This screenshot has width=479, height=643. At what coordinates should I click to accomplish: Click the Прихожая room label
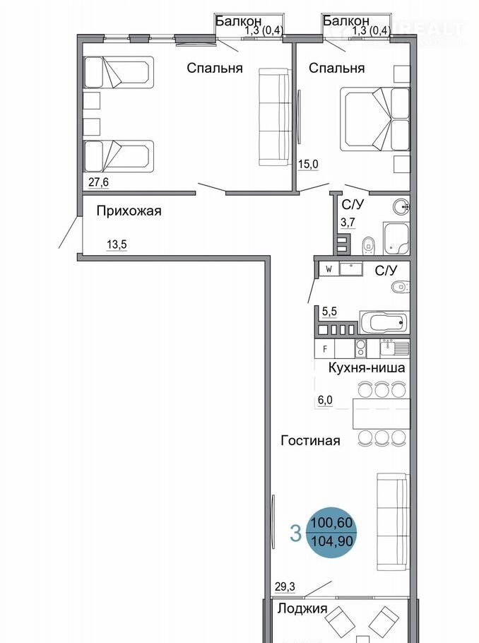[129, 211]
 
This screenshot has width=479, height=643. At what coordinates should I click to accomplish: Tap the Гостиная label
[310, 441]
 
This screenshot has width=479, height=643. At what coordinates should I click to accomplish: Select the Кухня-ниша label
[367, 368]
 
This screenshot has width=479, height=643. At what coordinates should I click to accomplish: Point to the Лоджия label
[302, 608]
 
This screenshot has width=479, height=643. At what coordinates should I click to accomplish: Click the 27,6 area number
[98, 182]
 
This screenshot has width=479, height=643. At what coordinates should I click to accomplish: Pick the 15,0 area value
[308, 165]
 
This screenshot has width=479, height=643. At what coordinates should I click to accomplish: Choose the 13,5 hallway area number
[117, 244]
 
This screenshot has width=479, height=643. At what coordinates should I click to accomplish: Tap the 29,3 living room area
[285, 587]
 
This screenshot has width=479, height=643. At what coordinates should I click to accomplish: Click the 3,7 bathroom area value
[348, 223]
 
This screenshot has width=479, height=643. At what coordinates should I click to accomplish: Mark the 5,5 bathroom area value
[329, 312]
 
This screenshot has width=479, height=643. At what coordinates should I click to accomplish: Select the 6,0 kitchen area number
[325, 401]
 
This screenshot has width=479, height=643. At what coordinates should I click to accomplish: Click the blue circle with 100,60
[332, 532]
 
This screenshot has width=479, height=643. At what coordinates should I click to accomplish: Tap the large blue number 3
[296, 533]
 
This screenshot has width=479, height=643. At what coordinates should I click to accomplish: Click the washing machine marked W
[329, 269]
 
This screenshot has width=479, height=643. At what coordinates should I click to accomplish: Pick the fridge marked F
[325, 349]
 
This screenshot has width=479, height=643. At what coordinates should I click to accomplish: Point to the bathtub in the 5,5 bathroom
[384, 322]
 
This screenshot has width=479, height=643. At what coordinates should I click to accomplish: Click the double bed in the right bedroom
[374, 119]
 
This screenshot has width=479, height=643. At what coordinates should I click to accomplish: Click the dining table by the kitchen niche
[382, 413]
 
